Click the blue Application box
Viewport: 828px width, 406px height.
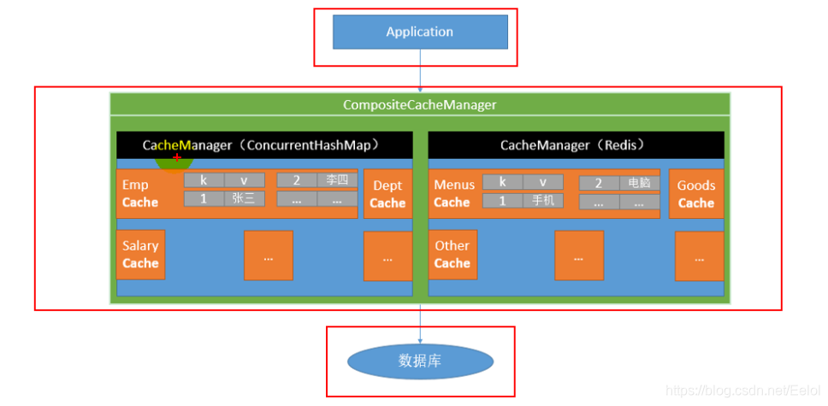pos(420,32)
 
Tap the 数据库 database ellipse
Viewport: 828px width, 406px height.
pos(420,362)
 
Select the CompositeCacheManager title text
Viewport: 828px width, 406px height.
pos(420,104)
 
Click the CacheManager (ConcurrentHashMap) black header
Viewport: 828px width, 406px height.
pos(264,145)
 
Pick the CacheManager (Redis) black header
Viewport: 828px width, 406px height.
pos(577,145)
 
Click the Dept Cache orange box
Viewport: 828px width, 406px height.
pos(388,194)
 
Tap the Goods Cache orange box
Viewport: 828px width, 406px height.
pos(696,194)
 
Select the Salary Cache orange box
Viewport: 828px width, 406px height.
pos(140,255)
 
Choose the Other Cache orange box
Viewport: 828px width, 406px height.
pos(452,255)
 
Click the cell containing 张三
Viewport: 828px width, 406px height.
pos(245,199)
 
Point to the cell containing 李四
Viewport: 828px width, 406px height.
pos(337,180)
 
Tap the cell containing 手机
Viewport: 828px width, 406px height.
pos(543,201)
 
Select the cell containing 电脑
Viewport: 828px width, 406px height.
pos(640,183)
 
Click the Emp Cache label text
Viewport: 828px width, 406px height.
pos(140,194)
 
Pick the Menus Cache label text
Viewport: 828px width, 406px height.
pos(453,194)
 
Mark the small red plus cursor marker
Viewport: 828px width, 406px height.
pos(177,157)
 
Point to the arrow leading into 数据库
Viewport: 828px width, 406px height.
pos(420,324)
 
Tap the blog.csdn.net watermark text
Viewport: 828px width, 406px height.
pos(742,390)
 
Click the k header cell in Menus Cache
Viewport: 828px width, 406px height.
pos(503,181)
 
